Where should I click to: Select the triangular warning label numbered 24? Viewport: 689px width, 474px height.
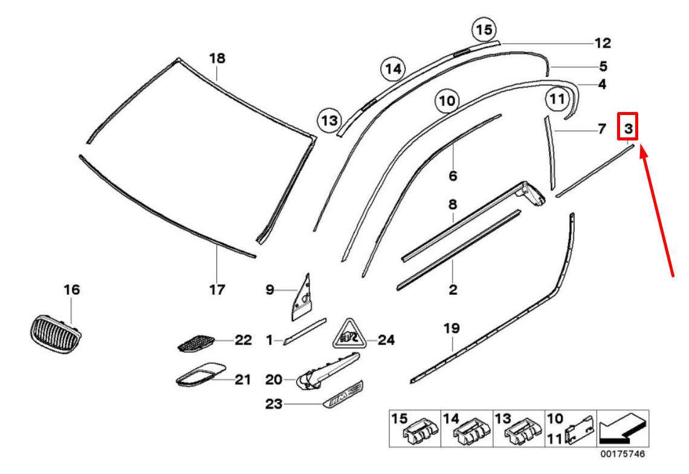click(x=350, y=335)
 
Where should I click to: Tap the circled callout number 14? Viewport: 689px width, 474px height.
click(x=393, y=69)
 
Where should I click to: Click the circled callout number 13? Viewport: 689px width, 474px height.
click(x=330, y=120)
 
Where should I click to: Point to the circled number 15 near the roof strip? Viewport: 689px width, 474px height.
click(x=484, y=30)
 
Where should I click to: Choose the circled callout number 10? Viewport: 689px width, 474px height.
click(x=447, y=100)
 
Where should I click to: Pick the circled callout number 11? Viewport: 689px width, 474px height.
click(x=558, y=99)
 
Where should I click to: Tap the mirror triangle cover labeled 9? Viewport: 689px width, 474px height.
click(x=302, y=297)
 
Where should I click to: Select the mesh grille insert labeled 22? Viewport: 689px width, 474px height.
click(x=196, y=343)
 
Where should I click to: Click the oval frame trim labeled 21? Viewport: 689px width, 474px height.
click(x=201, y=375)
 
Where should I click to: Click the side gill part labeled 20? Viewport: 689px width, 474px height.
click(x=328, y=372)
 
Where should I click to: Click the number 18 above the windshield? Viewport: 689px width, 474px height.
click(x=217, y=58)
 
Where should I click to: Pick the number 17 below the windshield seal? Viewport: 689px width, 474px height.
click(x=217, y=289)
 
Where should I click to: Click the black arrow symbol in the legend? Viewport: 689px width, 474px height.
click(x=624, y=429)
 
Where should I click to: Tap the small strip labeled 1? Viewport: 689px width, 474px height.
click(x=305, y=331)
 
